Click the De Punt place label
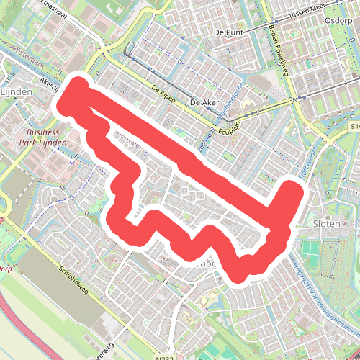click(229, 32)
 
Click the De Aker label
click(204, 104)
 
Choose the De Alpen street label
click(165, 92)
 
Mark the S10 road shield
click(355, 126)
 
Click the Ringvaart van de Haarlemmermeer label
click(317, 288)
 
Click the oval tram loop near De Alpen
click(130, 50)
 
